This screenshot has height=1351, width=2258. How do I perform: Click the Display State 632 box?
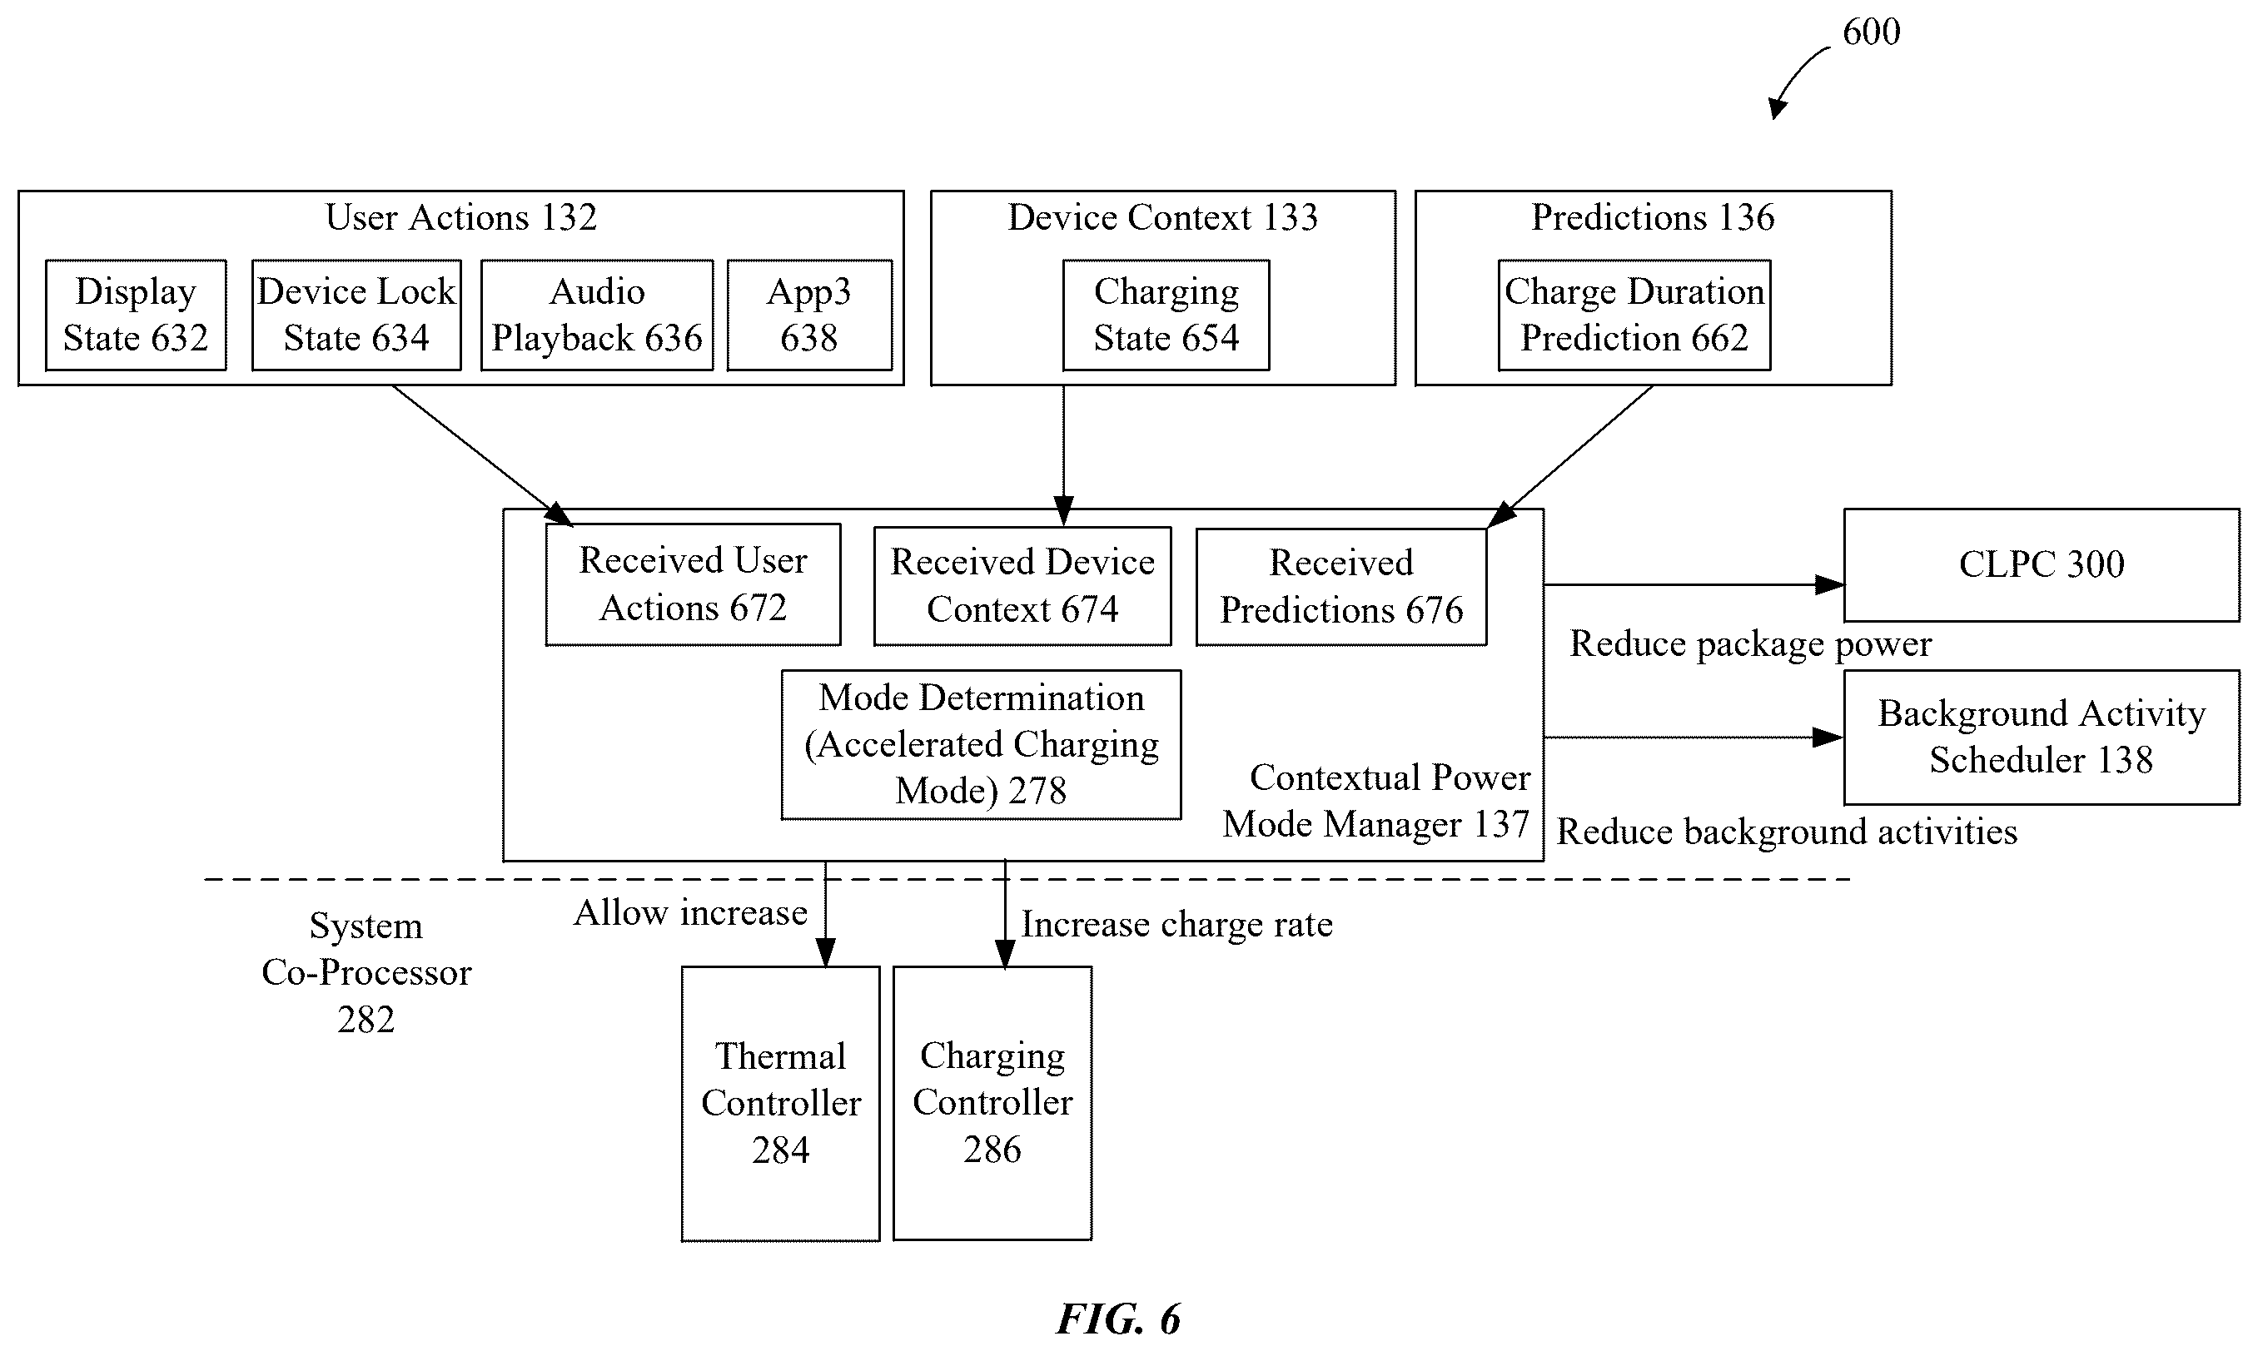click(x=136, y=315)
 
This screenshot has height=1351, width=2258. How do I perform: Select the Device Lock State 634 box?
click(x=356, y=315)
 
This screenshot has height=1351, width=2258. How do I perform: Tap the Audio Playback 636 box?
click(x=596, y=315)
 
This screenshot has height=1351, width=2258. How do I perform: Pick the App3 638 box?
click(x=809, y=315)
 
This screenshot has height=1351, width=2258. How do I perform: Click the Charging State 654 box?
click(x=1166, y=315)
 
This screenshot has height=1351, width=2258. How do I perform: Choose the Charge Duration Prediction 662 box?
click(x=1634, y=315)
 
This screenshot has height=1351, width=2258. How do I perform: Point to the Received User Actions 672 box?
click(x=693, y=584)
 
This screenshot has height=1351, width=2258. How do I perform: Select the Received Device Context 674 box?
click(x=1022, y=586)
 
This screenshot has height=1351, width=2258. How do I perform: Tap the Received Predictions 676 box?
click(x=1341, y=587)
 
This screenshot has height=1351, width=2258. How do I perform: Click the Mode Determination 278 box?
click(x=982, y=745)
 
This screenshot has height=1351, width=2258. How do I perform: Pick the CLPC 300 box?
click(x=2042, y=565)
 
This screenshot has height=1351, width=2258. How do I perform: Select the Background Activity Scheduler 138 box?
click(x=2042, y=738)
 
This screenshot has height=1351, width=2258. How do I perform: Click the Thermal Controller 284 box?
click(x=780, y=1104)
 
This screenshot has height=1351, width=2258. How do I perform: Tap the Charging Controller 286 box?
click(x=992, y=1104)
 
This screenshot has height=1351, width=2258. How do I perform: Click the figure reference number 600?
click(x=1871, y=32)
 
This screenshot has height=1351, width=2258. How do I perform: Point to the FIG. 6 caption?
click(x=1118, y=1319)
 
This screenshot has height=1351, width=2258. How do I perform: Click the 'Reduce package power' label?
click(x=1750, y=644)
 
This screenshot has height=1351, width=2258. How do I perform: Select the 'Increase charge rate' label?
click(x=1176, y=925)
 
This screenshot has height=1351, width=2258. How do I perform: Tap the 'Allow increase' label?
click(x=690, y=912)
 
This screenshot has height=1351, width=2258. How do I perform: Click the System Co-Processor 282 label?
click(x=366, y=972)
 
